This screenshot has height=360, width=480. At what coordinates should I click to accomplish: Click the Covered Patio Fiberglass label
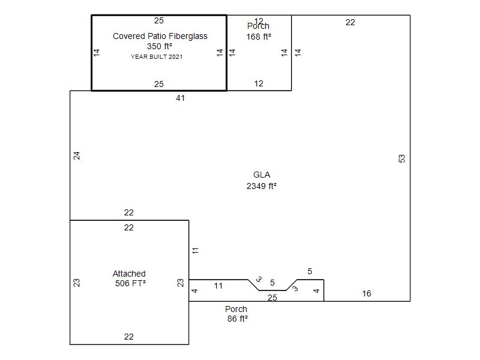[160, 36]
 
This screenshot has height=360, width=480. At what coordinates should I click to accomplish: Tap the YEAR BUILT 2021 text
[157, 56]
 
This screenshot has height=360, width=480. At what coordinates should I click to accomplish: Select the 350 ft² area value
[160, 46]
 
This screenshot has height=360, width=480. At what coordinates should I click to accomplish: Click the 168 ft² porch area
[259, 37]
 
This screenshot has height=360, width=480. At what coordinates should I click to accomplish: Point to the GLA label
[262, 175]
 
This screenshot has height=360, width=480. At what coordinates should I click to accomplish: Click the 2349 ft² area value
[262, 186]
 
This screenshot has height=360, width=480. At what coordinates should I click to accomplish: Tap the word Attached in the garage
[129, 274]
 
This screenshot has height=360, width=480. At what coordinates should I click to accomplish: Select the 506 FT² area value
[130, 283]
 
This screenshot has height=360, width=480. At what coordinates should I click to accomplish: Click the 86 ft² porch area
[237, 319]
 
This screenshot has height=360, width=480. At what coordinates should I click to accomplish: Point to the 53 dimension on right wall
[401, 158]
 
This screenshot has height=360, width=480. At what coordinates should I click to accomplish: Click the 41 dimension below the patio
[181, 98]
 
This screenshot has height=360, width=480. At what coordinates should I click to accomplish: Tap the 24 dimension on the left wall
[77, 155]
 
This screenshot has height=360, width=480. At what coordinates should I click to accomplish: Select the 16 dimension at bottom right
[367, 293]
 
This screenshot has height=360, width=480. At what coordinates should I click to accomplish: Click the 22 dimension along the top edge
[350, 22]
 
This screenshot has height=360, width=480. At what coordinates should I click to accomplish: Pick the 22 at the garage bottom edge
[129, 337]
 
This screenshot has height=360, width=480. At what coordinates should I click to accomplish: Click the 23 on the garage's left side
[77, 283]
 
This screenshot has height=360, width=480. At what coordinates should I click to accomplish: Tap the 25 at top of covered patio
[159, 20]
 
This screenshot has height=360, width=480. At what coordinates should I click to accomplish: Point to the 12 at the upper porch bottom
[259, 83]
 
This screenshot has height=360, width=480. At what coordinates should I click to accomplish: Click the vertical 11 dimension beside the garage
[196, 251]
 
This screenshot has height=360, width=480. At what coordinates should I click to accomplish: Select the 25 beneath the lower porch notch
[272, 298]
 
